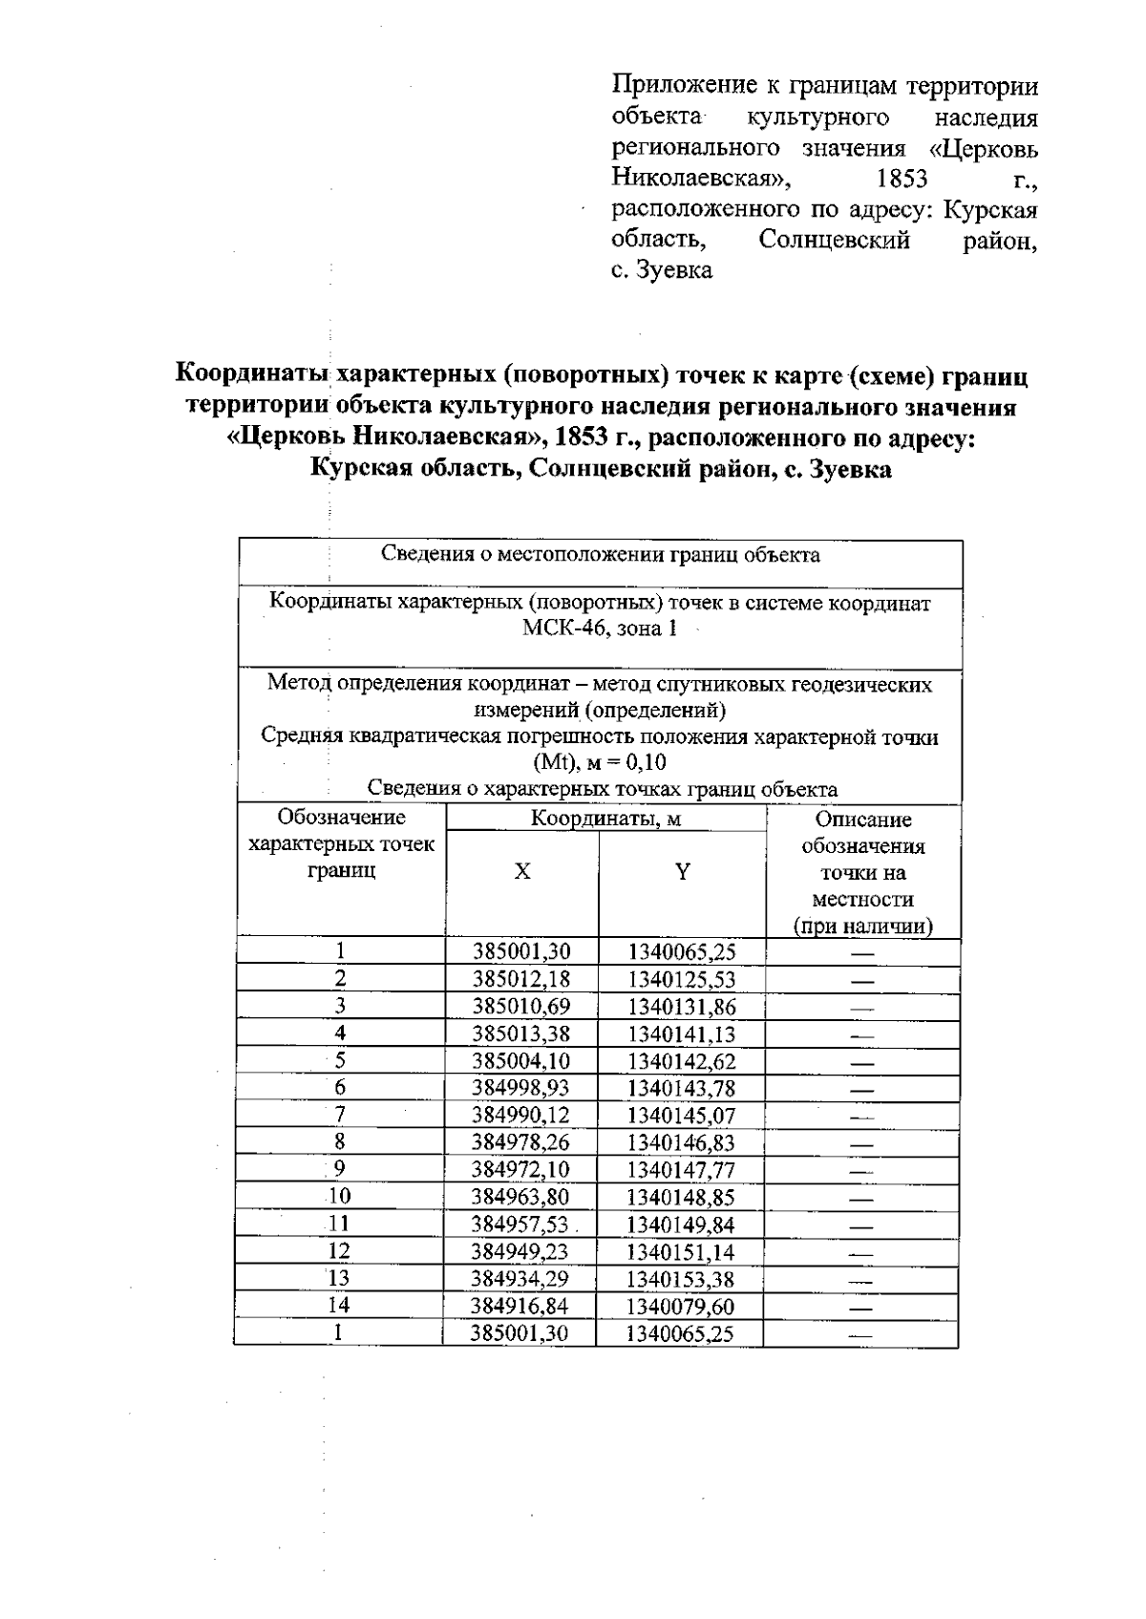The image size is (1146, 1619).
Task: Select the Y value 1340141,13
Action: click(x=682, y=1033)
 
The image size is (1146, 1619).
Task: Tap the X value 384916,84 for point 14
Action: click(x=520, y=1306)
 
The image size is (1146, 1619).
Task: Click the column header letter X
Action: click(x=521, y=872)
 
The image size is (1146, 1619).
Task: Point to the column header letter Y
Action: click(x=682, y=872)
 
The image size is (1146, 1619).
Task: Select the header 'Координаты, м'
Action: click(x=605, y=819)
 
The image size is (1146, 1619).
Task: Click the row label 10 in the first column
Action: click(x=339, y=1196)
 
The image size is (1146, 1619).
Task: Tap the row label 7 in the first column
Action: click(x=339, y=1115)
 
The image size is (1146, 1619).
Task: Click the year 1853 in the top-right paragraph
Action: click(x=902, y=179)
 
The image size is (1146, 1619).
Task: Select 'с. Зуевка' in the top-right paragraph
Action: click(x=661, y=270)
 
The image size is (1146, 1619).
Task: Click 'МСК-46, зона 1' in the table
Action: click(x=600, y=628)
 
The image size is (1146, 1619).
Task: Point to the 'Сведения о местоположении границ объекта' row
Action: click(x=600, y=555)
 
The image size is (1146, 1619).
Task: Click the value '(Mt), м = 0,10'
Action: click(x=600, y=762)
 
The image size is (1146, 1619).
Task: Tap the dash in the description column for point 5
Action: click(x=862, y=1061)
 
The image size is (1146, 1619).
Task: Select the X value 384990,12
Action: click(x=521, y=1115)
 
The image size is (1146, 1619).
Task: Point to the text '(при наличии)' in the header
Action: click(x=862, y=926)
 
